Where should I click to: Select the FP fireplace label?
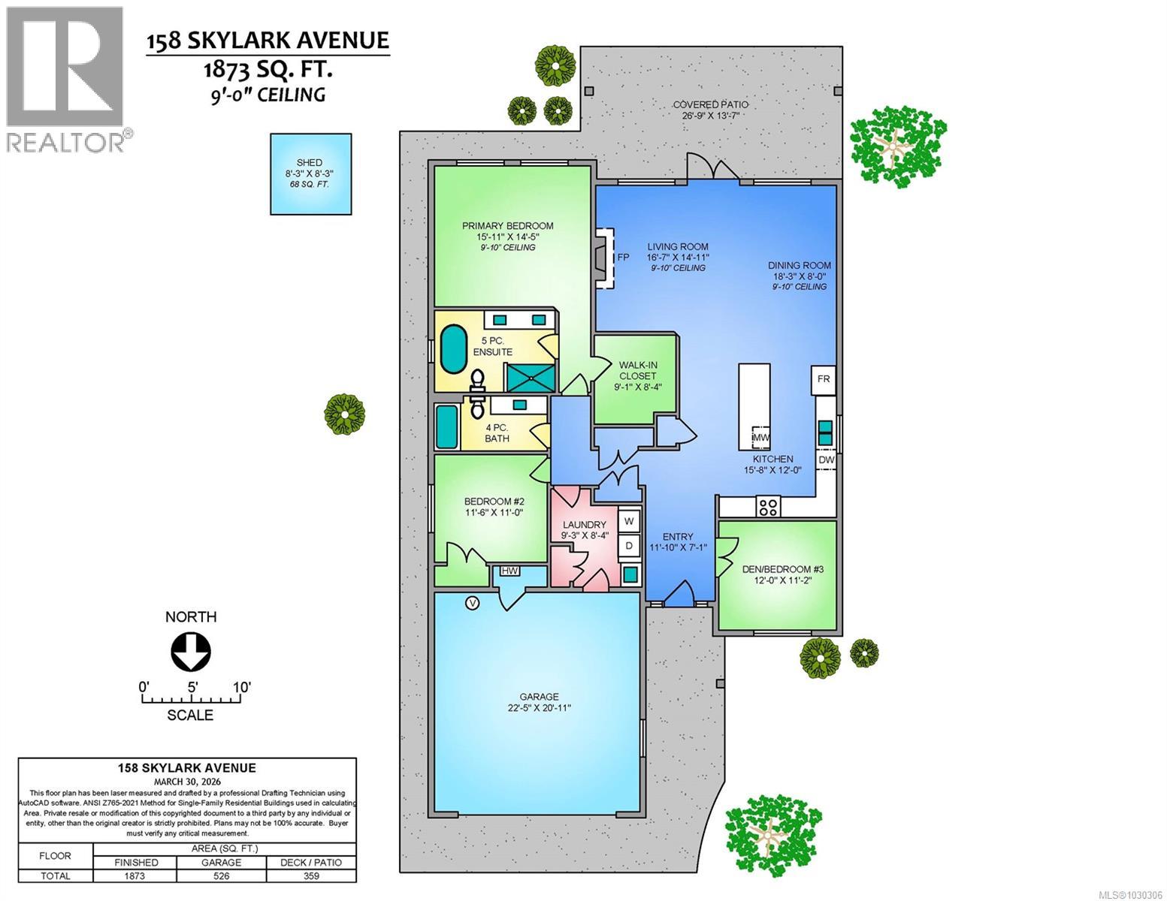click(623, 257)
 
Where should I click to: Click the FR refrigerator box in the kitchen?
click(824, 379)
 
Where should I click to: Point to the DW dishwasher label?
click(826, 460)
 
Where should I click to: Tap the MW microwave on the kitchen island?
click(760, 437)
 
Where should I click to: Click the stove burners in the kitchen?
click(768, 507)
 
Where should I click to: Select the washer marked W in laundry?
click(629, 520)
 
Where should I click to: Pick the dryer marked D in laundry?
click(629, 545)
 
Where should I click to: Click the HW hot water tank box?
click(510, 571)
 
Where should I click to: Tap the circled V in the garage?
click(473, 602)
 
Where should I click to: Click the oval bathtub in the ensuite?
click(452, 349)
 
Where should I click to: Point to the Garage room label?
click(538, 702)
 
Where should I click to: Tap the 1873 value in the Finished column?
click(135, 875)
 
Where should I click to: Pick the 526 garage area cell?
click(221, 875)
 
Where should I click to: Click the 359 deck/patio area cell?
click(310, 875)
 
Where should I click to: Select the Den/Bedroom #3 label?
click(777, 574)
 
